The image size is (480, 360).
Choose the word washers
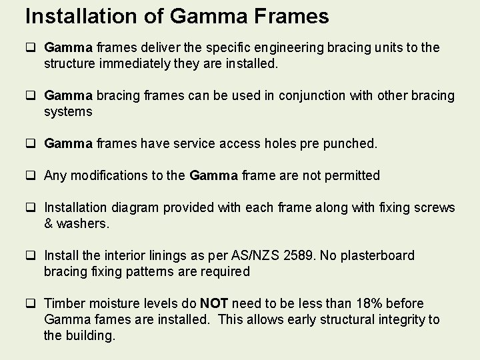point(83,223)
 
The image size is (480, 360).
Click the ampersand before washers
point(49,223)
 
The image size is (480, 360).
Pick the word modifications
point(104,175)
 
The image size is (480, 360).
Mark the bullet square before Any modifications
point(31,176)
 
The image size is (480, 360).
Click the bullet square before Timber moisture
point(31,304)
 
